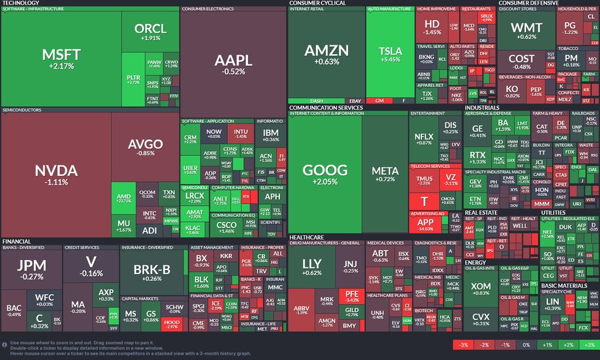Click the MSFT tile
61,59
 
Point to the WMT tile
527,31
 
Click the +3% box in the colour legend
587,345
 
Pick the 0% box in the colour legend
525,345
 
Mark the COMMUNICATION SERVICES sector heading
326,107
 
